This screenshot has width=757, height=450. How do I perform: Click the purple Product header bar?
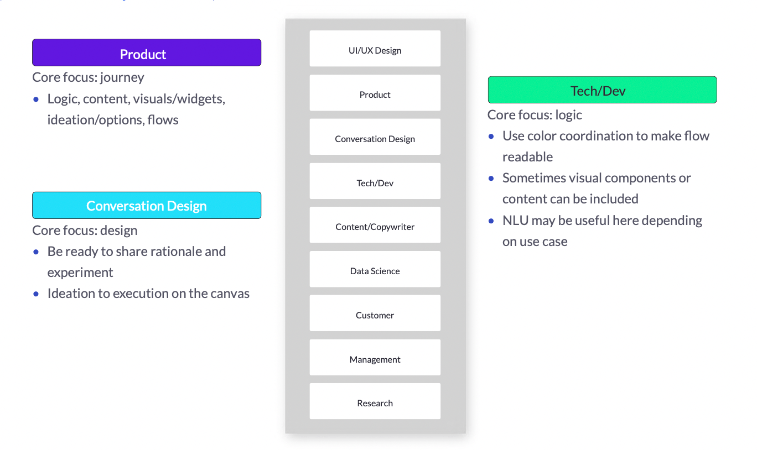click(x=147, y=53)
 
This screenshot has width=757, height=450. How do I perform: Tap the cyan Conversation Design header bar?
click(x=147, y=205)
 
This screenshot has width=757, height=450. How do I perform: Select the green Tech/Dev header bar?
click(x=602, y=90)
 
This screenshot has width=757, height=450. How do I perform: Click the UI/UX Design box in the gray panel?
click(x=375, y=49)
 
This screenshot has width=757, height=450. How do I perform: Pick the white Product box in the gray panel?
click(x=375, y=93)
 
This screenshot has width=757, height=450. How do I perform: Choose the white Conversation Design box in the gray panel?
click(x=375, y=137)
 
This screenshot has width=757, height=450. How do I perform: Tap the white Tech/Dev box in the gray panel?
click(x=375, y=181)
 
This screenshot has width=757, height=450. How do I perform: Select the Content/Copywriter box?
click(x=375, y=225)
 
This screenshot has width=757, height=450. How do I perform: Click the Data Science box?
click(x=375, y=269)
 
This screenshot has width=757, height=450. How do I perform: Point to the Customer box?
click(x=375, y=313)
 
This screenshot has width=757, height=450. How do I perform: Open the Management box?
click(x=375, y=357)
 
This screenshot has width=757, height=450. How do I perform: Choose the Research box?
click(x=375, y=401)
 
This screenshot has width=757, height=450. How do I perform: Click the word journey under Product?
click(x=122, y=78)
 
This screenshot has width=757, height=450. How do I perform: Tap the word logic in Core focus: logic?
click(x=568, y=116)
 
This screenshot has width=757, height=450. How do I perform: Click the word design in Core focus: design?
click(x=118, y=231)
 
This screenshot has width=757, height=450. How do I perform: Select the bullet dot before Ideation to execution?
click(x=36, y=294)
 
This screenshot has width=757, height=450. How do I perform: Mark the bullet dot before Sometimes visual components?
click(x=491, y=178)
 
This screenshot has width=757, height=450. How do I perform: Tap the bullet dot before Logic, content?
click(x=36, y=100)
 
